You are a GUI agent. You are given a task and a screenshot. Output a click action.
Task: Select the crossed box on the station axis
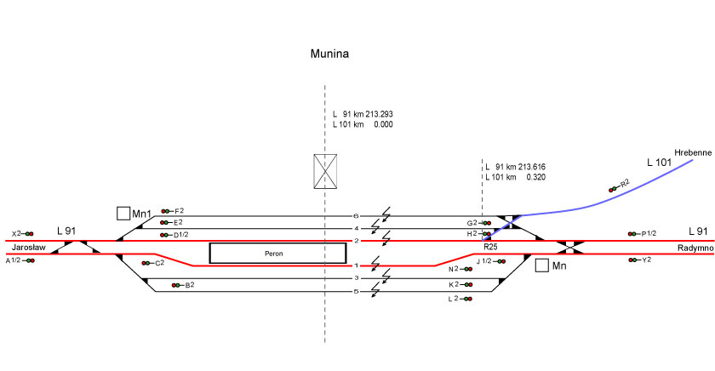325,171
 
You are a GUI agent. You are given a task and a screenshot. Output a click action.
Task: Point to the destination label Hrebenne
692,152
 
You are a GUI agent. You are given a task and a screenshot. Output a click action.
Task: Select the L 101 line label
660,162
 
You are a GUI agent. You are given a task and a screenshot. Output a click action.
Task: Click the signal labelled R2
614,188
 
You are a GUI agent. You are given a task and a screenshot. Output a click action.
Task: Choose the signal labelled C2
146,263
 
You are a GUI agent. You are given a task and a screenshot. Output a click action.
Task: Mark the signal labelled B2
175,285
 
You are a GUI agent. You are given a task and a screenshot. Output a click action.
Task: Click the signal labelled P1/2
632,233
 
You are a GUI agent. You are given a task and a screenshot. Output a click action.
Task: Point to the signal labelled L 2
466,299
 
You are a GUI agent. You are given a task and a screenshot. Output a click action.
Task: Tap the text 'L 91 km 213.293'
362,114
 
